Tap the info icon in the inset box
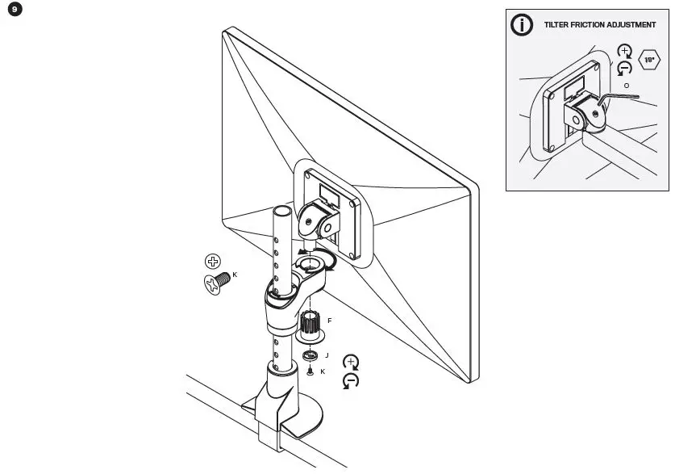tap(523, 25)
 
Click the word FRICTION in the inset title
tap(594, 25)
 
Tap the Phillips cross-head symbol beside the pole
tap(213, 261)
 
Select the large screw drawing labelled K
tap(215, 282)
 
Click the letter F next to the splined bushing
tap(329, 321)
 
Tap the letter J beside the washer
tap(327, 354)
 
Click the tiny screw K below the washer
tap(310, 371)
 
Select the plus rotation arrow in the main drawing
tap(352, 363)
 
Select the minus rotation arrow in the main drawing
tap(352, 380)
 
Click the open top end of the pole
tap(281, 211)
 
